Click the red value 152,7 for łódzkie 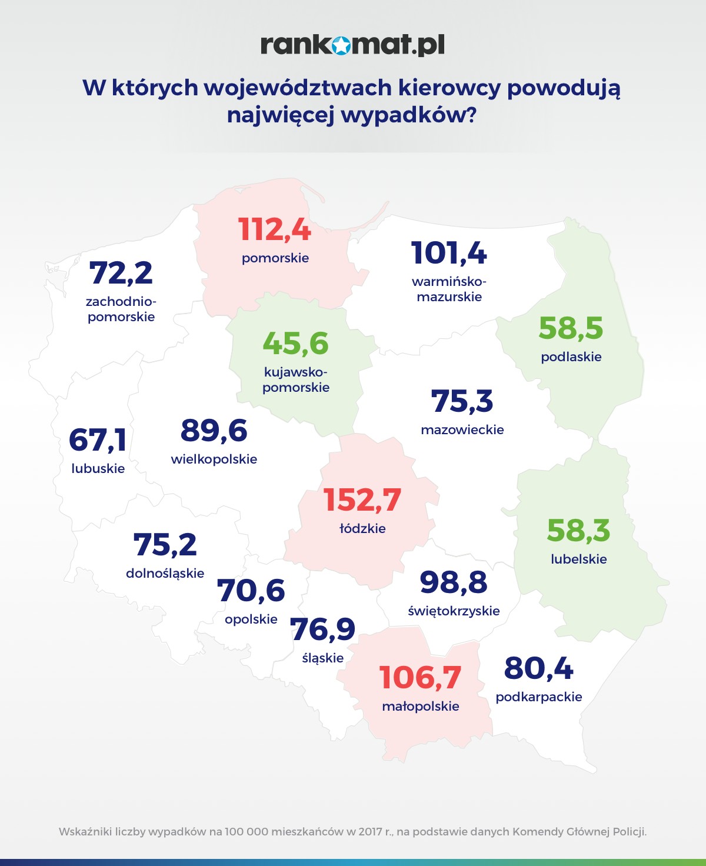pyautogui.click(x=362, y=501)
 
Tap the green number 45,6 pyautogui.click(x=295, y=344)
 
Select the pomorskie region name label pyautogui.click(x=275, y=258)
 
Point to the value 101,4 pyautogui.click(x=449, y=254)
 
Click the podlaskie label pyautogui.click(x=571, y=357)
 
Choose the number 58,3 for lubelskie pyautogui.click(x=578, y=531)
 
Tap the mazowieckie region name pyautogui.click(x=462, y=430)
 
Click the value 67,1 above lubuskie pyautogui.click(x=98, y=440)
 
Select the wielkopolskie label pyautogui.click(x=214, y=459)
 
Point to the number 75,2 pyautogui.click(x=165, y=545)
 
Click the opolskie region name pyautogui.click(x=251, y=619)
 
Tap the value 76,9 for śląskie pyautogui.click(x=323, y=629)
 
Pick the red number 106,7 pyautogui.click(x=420, y=678)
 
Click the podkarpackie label pyautogui.click(x=539, y=697)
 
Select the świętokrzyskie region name pyautogui.click(x=454, y=611)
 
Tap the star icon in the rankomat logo pyautogui.click(x=341, y=45)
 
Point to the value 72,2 pyautogui.click(x=121, y=273)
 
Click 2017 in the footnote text pyautogui.click(x=370, y=832)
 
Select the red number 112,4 pyautogui.click(x=275, y=229)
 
